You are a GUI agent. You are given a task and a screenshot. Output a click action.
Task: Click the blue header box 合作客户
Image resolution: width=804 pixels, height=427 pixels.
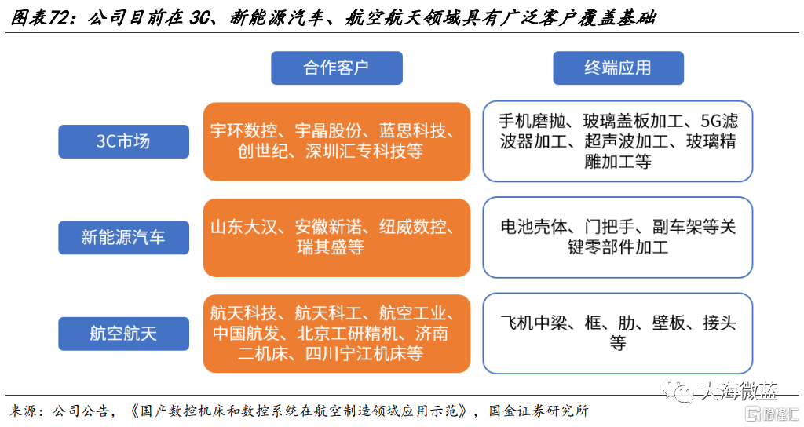coord(336,68)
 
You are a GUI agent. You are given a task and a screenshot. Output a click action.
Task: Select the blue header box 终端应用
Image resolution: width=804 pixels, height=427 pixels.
coord(618,68)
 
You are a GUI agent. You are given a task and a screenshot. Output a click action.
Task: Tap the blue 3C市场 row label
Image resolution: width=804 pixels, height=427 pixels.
coord(123,141)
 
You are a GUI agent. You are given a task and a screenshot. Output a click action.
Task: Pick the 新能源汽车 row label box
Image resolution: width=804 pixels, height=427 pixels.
coord(123,237)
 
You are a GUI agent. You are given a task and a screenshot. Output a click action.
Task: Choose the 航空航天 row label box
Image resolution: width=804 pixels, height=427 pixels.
coord(123,334)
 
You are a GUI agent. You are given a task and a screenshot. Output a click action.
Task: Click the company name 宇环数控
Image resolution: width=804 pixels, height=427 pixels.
coord(243,131)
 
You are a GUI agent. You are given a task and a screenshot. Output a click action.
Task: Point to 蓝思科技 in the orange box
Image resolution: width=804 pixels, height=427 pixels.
coord(412,131)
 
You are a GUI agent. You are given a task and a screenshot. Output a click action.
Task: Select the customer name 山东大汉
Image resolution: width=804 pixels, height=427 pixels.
coord(243,227)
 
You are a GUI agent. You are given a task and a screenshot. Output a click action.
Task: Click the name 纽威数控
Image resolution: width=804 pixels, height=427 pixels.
coord(412,227)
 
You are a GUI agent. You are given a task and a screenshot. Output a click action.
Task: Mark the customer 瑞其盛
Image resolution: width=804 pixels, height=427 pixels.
coord(321,247)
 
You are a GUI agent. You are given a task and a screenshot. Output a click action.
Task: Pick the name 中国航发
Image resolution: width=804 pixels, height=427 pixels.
coord(246,334)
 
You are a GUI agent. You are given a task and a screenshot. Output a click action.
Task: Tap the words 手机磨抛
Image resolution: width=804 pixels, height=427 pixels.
coord(532,121)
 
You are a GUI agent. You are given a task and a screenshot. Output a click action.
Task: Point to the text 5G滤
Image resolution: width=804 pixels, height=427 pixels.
coord(719,121)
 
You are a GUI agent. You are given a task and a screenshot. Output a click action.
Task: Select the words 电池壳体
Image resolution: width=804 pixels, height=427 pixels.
coord(534,227)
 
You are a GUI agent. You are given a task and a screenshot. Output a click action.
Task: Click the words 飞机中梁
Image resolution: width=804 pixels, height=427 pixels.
coord(534,323)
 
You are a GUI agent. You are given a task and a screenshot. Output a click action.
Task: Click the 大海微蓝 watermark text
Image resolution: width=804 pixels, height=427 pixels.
coord(738,392)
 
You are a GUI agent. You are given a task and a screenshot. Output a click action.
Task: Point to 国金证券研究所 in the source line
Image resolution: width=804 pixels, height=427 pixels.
coord(539,411)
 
